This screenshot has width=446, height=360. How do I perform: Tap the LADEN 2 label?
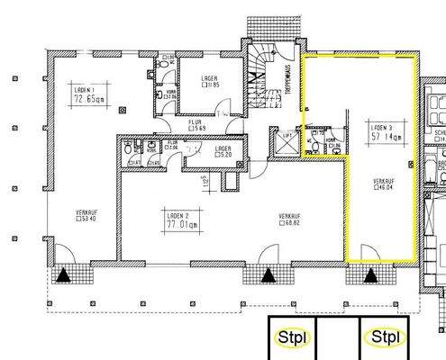[169, 216]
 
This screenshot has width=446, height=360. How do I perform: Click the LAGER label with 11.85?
[209, 78]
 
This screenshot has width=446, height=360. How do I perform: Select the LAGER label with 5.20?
[223, 148]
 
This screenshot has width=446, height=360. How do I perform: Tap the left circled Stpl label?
[293, 337]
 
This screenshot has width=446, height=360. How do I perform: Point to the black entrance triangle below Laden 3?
[369, 275]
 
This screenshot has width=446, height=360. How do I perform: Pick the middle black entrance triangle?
[268, 275]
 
